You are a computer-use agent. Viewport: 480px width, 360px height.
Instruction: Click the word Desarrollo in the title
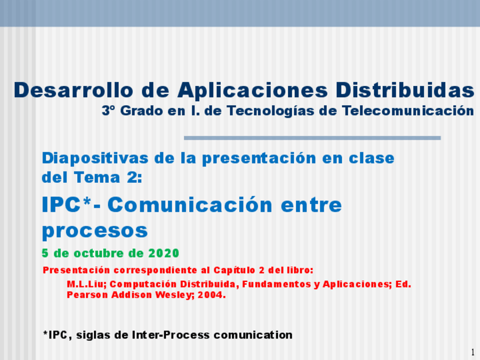74,90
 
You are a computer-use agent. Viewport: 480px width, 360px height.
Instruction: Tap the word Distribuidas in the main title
405,90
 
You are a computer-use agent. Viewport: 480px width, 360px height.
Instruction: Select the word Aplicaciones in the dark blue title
252,91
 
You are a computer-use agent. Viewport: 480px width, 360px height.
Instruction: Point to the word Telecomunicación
408,110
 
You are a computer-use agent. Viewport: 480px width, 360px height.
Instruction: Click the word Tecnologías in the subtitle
271,111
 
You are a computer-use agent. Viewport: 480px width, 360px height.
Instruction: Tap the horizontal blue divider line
312,138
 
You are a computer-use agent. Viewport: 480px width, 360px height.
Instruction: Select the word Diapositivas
95,159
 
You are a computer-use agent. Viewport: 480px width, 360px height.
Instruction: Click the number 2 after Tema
133,178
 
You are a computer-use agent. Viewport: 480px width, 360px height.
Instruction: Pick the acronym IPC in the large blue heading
62,204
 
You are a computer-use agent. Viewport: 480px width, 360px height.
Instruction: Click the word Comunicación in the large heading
190,204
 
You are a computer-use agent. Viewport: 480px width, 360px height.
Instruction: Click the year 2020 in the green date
164,253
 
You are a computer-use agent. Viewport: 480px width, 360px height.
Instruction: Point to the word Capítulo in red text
234,271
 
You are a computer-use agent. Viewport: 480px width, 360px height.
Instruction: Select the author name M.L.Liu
87,284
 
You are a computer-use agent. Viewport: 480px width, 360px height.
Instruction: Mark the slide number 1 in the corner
473,352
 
